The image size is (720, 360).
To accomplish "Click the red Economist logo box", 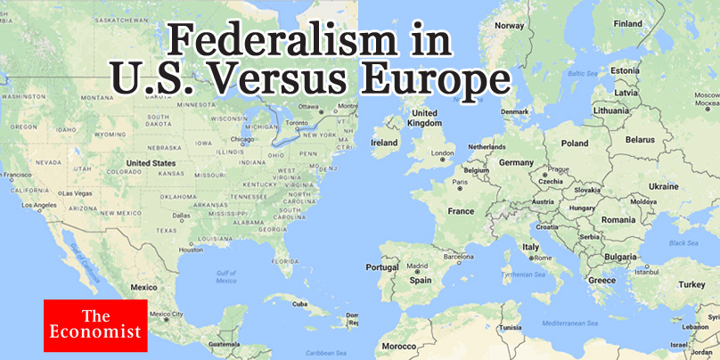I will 95,324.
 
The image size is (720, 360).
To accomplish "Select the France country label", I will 461,211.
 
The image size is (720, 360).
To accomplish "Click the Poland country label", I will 575,143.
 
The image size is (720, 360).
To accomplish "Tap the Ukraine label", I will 664,186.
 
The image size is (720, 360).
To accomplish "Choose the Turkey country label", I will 691,284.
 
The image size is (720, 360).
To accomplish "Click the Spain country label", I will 421,280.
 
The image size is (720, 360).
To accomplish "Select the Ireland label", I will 384,142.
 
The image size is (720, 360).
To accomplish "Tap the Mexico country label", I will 144,288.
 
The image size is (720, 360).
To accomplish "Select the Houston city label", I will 192,250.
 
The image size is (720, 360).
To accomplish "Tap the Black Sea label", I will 683,242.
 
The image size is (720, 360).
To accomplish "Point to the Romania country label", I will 618,219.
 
